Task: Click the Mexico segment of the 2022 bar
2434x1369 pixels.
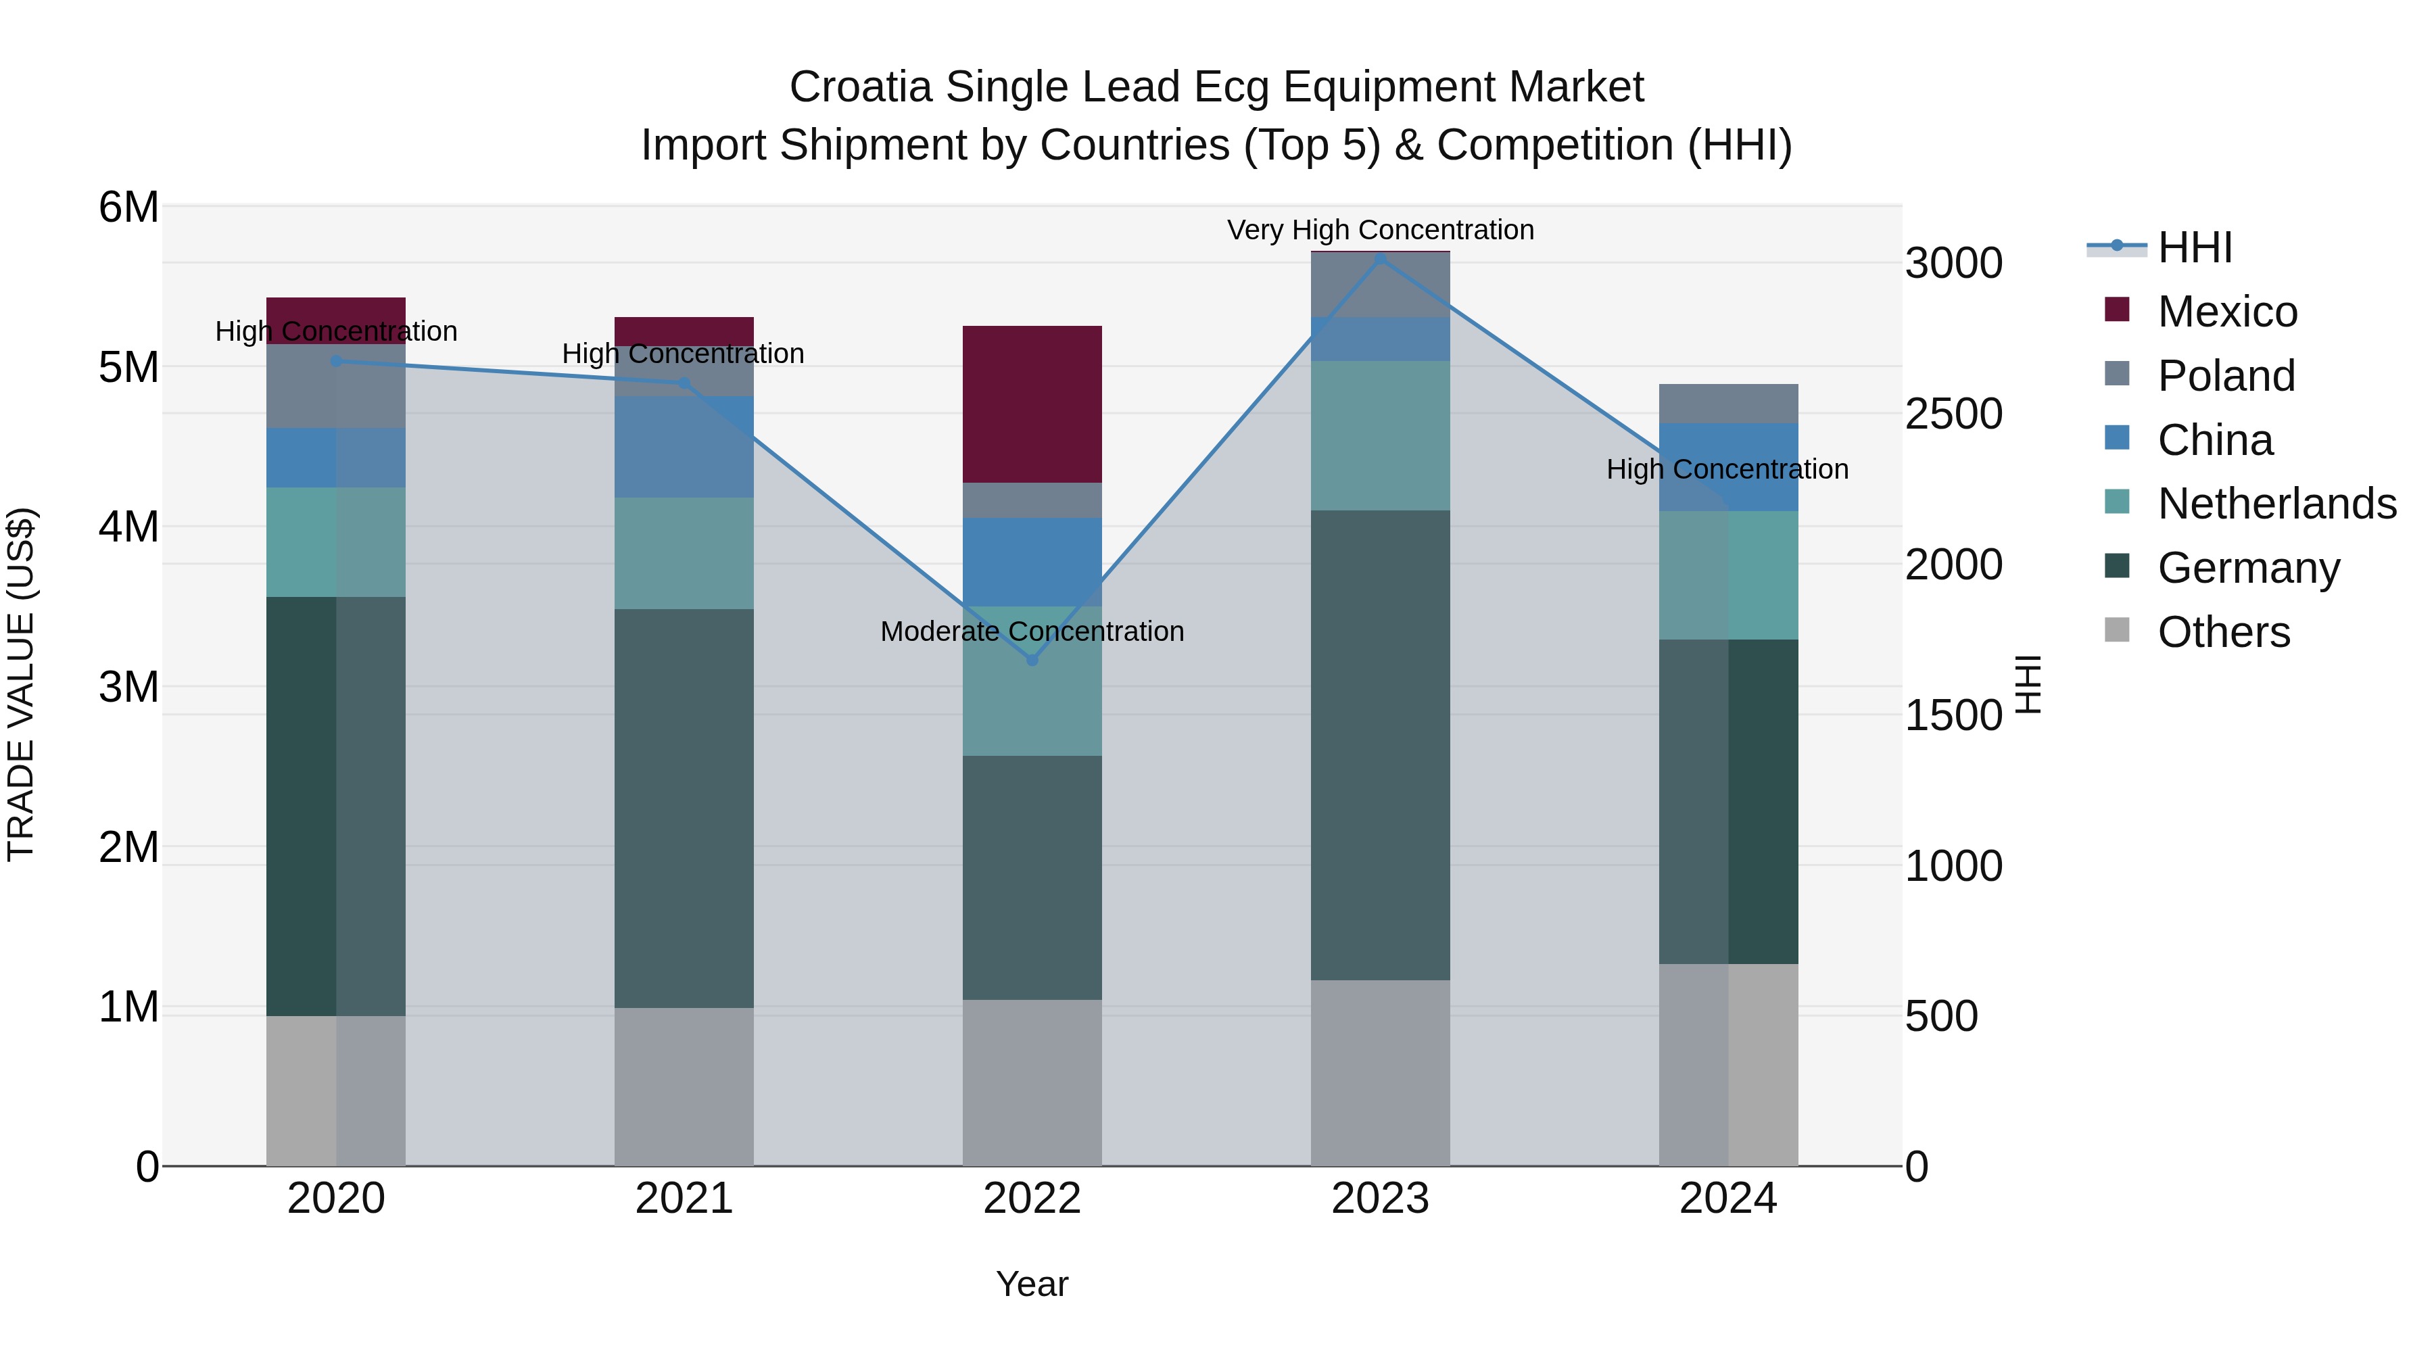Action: [x=1032, y=404]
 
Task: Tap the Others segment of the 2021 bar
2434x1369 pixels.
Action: [x=684, y=1086]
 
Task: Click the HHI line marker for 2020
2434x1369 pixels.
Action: [x=337, y=361]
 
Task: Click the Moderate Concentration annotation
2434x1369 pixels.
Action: [x=1032, y=631]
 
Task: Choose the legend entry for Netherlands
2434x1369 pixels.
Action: [x=2276, y=504]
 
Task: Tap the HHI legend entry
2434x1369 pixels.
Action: [x=2194, y=247]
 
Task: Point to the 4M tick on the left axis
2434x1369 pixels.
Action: [x=128, y=526]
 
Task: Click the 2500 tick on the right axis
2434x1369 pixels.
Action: [x=1952, y=414]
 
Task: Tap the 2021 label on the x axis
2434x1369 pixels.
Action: [x=684, y=1199]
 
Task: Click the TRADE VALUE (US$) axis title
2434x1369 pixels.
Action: [x=21, y=684]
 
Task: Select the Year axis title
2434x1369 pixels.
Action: [x=1032, y=1284]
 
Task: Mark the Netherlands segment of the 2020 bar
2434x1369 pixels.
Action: [x=337, y=542]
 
